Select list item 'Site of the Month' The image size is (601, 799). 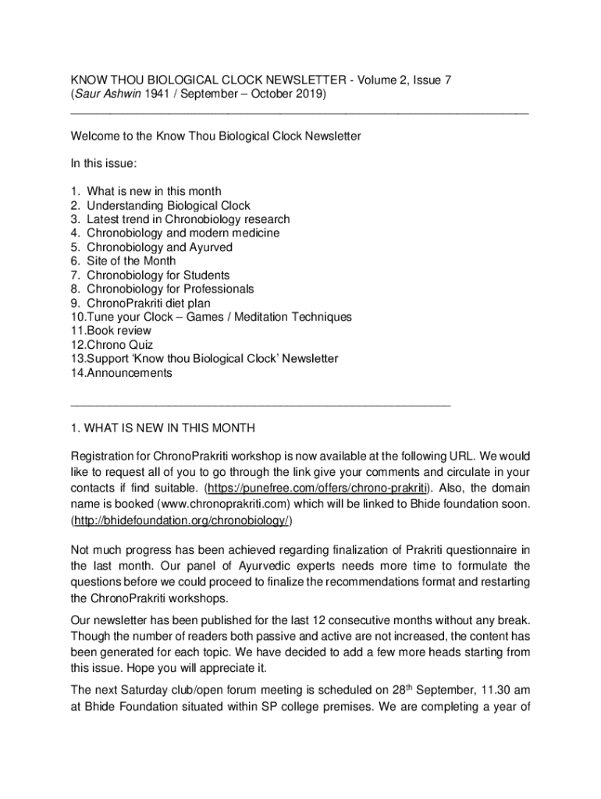[131, 261]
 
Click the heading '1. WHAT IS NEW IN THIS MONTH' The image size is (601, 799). [162, 428]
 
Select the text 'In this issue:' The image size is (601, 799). [104, 164]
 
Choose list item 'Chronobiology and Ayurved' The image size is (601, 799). [159, 247]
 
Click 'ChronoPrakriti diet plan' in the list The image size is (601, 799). [148, 303]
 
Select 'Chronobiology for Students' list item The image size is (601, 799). [158, 275]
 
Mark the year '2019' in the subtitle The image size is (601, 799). [312, 94]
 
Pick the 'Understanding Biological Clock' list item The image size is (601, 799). [169, 206]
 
